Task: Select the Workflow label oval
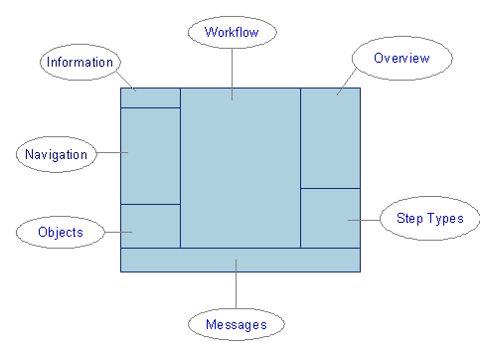(x=232, y=32)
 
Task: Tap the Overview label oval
(x=401, y=59)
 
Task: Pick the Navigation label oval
(x=56, y=154)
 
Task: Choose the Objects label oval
(x=60, y=233)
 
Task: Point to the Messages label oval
(x=236, y=324)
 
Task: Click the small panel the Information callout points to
(x=150, y=97)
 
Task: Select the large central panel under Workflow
(x=240, y=169)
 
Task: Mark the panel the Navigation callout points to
(x=150, y=155)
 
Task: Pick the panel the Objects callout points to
(x=150, y=226)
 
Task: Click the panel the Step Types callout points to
(x=330, y=218)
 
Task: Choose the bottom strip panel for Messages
(x=240, y=260)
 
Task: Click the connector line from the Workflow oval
(x=232, y=70)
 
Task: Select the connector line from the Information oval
(x=126, y=79)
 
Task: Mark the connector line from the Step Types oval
(x=364, y=219)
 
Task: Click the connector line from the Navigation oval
(x=111, y=152)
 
